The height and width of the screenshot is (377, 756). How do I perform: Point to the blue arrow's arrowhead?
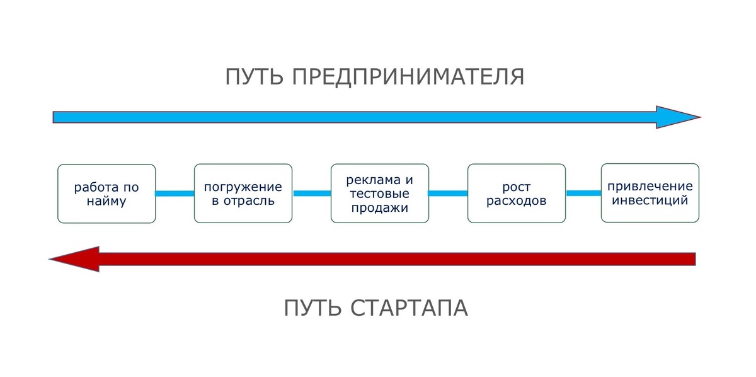point(677,117)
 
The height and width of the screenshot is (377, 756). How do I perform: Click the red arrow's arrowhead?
point(76,258)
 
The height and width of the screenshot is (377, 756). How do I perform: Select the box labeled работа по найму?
point(106,194)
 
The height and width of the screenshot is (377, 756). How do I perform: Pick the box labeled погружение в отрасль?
point(243,194)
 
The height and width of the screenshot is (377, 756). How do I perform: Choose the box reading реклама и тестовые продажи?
point(380,194)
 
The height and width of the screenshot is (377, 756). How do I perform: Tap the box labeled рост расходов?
point(517,194)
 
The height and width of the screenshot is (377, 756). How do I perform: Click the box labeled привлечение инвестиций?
point(650,193)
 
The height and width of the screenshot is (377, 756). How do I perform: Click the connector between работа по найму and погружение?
point(175,194)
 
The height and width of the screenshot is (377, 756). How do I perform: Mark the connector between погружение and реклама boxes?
point(311,194)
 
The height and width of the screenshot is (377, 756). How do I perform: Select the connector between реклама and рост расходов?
point(448,194)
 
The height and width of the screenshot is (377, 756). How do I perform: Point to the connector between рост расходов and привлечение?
point(583,193)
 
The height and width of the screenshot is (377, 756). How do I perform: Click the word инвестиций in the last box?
point(650,201)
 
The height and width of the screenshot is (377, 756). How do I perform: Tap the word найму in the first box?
point(106,202)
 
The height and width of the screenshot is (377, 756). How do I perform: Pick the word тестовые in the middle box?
point(380,194)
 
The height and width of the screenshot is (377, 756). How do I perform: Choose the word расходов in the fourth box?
point(517,202)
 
